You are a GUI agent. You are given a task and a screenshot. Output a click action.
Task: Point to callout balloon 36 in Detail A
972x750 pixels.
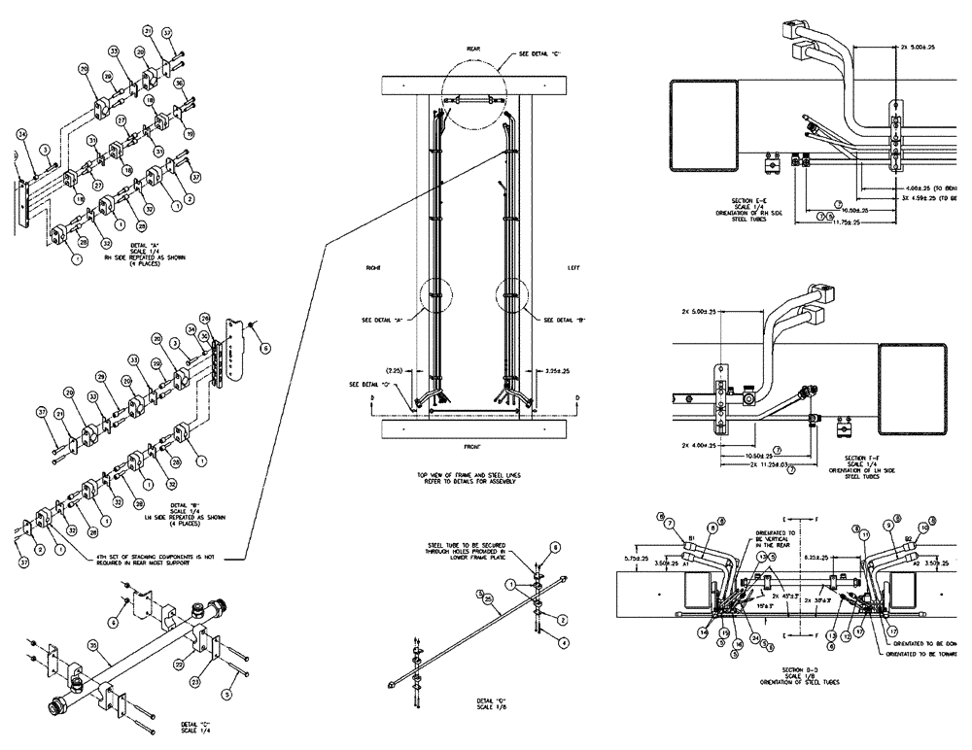click(x=179, y=84)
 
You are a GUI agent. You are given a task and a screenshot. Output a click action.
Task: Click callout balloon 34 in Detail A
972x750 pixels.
click(x=22, y=133)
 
